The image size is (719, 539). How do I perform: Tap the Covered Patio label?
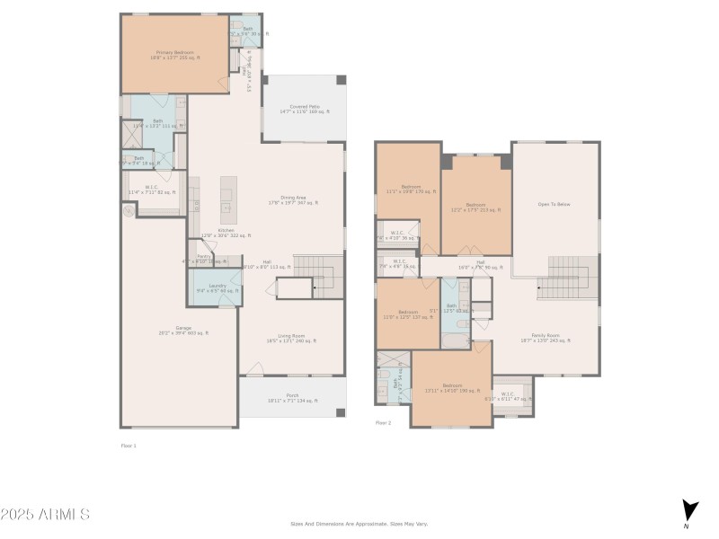304,110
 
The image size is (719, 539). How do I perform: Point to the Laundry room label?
217,288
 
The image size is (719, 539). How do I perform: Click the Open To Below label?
554,204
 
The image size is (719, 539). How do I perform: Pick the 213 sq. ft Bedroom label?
475,206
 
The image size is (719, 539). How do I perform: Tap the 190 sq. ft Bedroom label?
452,387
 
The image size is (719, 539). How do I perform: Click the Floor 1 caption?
129,445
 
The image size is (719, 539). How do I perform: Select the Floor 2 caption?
383,422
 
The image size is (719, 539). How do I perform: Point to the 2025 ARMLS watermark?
45,515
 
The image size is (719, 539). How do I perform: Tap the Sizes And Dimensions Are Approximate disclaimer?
359,524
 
